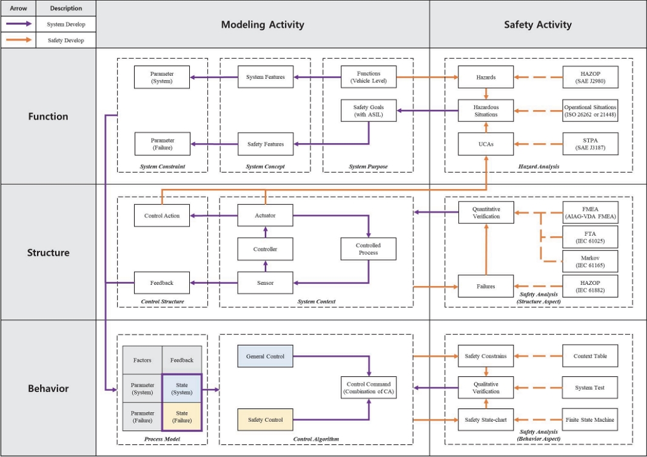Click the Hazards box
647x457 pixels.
(x=485, y=77)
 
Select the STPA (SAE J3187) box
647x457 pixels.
(x=590, y=144)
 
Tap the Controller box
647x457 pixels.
(x=265, y=249)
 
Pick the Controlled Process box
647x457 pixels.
(x=368, y=249)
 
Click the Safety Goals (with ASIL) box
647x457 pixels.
(x=369, y=111)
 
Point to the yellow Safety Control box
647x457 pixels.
(x=265, y=419)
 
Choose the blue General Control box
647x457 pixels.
(x=265, y=356)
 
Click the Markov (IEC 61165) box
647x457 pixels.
(x=590, y=262)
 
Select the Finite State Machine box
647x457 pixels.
(x=590, y=419)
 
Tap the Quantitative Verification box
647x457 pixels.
(x=486, y=213)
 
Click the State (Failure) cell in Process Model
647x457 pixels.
(x=181, y=417)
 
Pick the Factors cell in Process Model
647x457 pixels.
(x=142, y=360)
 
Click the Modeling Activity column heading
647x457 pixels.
(x=263, y=25)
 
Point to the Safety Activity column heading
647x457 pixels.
(x=537, y=25)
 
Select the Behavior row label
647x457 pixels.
(x=48, y=389)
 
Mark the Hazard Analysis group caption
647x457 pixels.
(x=538, y=167)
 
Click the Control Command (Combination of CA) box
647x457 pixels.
(x=368, y=388)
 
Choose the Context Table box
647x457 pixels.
(x=590, y=356)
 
